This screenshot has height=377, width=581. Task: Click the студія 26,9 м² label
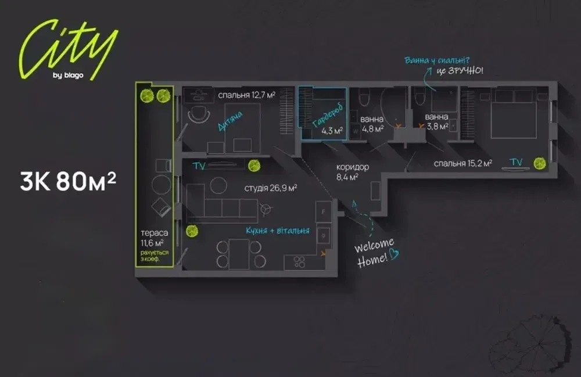click(271, 188)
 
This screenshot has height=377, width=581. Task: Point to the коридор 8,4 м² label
click(352, 172)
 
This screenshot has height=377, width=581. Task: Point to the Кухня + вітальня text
click(277, 231)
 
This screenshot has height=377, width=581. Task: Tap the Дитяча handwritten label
click(230, 123)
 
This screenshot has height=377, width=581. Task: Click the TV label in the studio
click(199, 166)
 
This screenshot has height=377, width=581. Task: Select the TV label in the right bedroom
click(515, 162)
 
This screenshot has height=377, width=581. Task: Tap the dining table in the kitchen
click(239, 254)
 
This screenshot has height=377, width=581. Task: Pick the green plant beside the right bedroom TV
click(540, 163)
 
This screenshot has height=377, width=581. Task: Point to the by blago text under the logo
click(69, 75)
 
